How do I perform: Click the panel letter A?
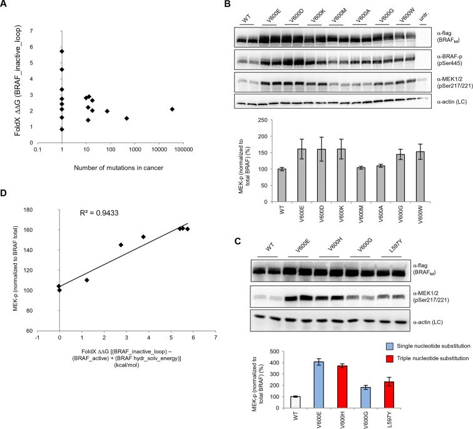(5, 5)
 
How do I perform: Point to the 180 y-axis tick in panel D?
(46, 211)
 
